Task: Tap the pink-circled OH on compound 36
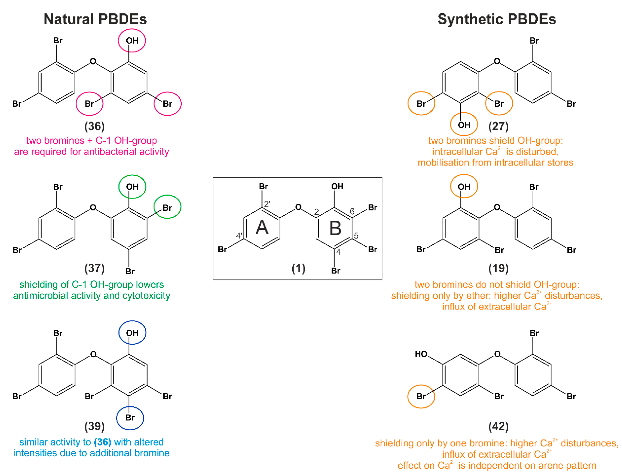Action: point(132,41)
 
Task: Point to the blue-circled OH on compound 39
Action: point(132,333)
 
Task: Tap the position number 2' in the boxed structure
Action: point(267,204)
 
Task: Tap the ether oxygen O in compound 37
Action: point(93,208)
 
